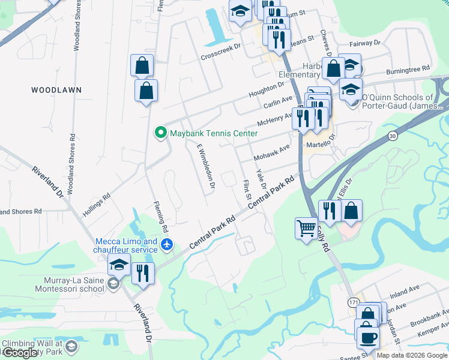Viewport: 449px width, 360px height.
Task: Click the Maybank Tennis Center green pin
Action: pyautogui.click(x=160, y=133)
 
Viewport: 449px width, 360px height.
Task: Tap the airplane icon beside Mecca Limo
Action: pyautogui.click(x=167, y=245)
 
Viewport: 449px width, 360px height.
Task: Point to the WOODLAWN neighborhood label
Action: pyautogui.click(x=56, y=89)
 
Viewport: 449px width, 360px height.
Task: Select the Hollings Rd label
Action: pyautogui.click(x=97, y=204)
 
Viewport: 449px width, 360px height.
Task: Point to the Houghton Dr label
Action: pyautogui.click(x=265, y=91)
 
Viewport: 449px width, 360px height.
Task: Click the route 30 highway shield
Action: pyautogui.click(x=392, y=136)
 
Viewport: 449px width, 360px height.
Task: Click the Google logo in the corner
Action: pyautogui.click(x=20, y=352)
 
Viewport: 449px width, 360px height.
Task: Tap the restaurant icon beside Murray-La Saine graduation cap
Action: pyautogui.click(x=143, y=273)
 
